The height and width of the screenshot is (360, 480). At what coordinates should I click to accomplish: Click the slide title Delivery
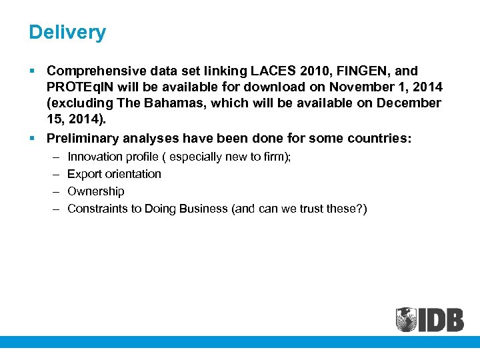pos(67,32)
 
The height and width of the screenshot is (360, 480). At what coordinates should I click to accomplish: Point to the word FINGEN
pos(373,71)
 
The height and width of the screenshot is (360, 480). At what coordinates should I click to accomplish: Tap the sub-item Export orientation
pos(114,174)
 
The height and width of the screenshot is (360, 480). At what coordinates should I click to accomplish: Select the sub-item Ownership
pos(95,191)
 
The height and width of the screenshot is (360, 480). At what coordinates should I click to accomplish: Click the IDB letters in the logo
pos(441,319)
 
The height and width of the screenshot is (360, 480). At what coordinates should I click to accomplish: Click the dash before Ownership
pos(54,191)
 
